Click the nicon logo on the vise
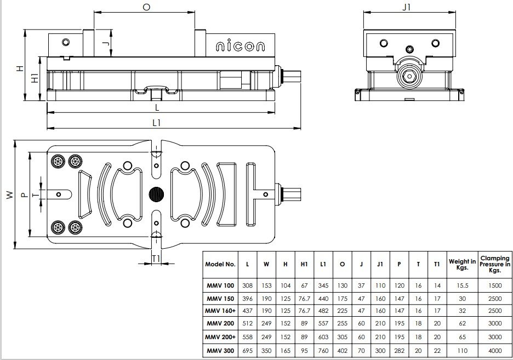click(x=240, y=47)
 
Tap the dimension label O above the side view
click(x=146, y=7)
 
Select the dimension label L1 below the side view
click(x=157, y=123)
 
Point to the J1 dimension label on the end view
click(x=406, y=7)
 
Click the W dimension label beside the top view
click(x=10, y=195)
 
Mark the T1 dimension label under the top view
click(x=156, y=259)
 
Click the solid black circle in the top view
click(x=156, y=195)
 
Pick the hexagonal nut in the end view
click(x=409, y=77)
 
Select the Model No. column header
click(x=220, y=264)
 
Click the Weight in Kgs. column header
click(x=462, y=264)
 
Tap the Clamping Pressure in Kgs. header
click(x=495, y=264)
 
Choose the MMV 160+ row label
click(x=220, y=311)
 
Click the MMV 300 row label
click(x=220, y=351)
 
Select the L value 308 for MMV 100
click(x=247, y=285)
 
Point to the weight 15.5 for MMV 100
click(x=462, y=285)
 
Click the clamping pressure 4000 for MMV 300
click(x=495, y=351)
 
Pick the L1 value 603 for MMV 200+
click(x=323, y=337)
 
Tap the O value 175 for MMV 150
click(x=342, y=299)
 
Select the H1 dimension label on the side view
click(x=35, y=78)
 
